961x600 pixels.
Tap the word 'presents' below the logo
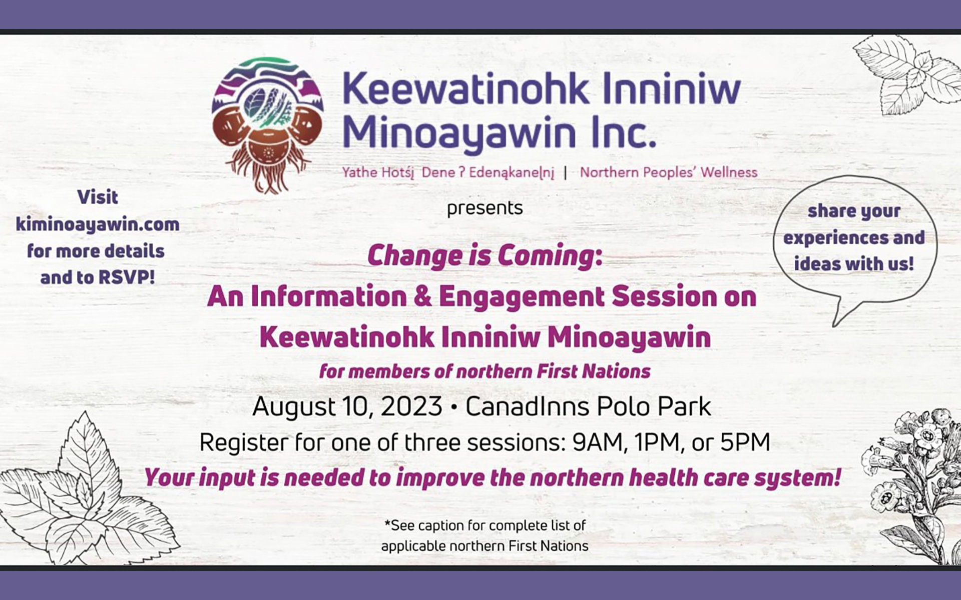(x=485, y=208)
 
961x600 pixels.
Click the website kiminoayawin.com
(x=98, y=224)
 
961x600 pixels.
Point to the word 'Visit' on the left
(x=98, y=197)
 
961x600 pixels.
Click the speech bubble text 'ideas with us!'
(x=854, y=263)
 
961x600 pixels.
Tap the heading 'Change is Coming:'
(x=485, y=255)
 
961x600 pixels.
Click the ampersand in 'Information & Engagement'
(x=423, y=296)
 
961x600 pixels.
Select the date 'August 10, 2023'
(x=347, y=406)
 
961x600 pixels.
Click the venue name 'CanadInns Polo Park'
(x=588, y=406)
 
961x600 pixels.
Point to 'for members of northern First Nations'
(x=485, y=371)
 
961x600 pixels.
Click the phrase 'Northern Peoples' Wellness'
(x=668, y=172)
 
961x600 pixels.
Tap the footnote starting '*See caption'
(x=485, y=535)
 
